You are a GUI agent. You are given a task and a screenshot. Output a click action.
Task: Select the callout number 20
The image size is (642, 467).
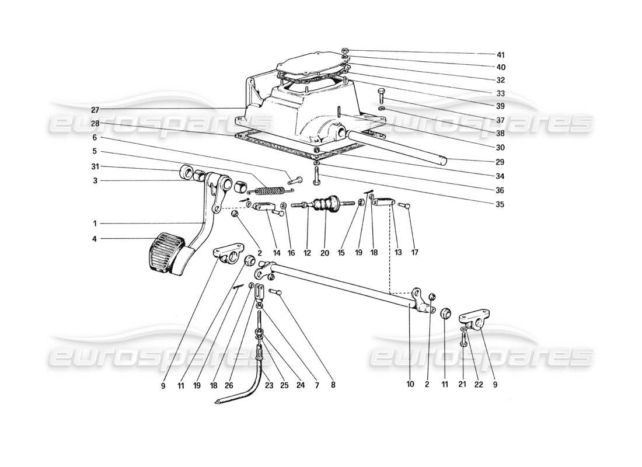coord(325,253)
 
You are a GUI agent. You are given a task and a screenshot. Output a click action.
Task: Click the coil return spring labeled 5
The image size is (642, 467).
coord(267,190)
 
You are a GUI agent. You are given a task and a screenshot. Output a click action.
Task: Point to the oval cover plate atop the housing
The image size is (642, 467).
coord(315,66)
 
